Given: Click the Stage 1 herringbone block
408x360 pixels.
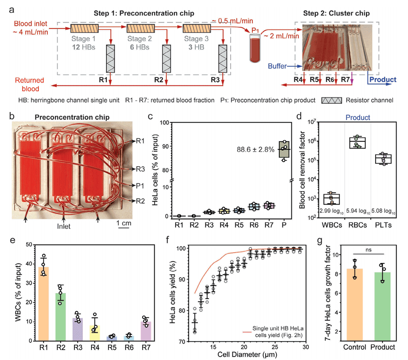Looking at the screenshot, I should point(85,29).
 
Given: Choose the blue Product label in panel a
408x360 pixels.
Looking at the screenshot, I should point(383,79).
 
